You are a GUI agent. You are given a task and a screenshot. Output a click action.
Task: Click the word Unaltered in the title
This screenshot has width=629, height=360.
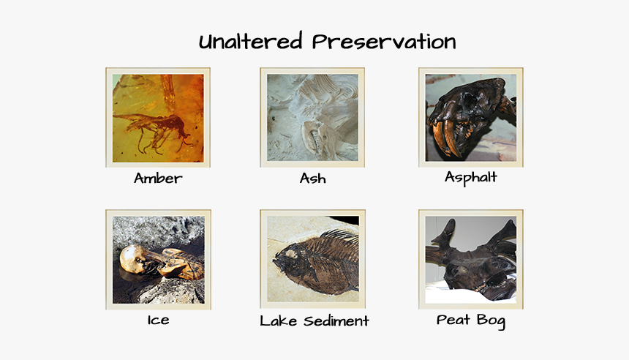(x=251, y=42)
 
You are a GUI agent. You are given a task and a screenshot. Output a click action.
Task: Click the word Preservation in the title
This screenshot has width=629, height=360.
(x=383, y=42)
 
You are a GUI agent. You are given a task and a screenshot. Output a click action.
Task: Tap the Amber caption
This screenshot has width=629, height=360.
(x=158, y=179)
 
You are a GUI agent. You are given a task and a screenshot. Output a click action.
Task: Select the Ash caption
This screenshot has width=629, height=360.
(x=312, y=179)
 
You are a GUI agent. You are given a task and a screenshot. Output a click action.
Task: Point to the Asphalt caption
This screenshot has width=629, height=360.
(x=470, y=178)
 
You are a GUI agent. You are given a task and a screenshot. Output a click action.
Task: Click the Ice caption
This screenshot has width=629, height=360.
(x=158, y=320)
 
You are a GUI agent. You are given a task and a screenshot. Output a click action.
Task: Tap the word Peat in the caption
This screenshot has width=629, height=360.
(x=453, y=320)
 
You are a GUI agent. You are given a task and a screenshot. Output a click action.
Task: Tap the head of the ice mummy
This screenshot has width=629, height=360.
(x=132, y=257)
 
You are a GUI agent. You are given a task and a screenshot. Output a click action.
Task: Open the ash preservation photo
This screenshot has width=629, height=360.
(x=312, y=117)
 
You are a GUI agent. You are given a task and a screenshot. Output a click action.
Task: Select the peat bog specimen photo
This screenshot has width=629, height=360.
(x=470, y=260)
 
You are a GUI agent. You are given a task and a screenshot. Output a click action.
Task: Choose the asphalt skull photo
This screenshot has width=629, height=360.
(x=470, y=117)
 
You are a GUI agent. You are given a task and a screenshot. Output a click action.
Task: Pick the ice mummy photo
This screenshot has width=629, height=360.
(x=158, y=260)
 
